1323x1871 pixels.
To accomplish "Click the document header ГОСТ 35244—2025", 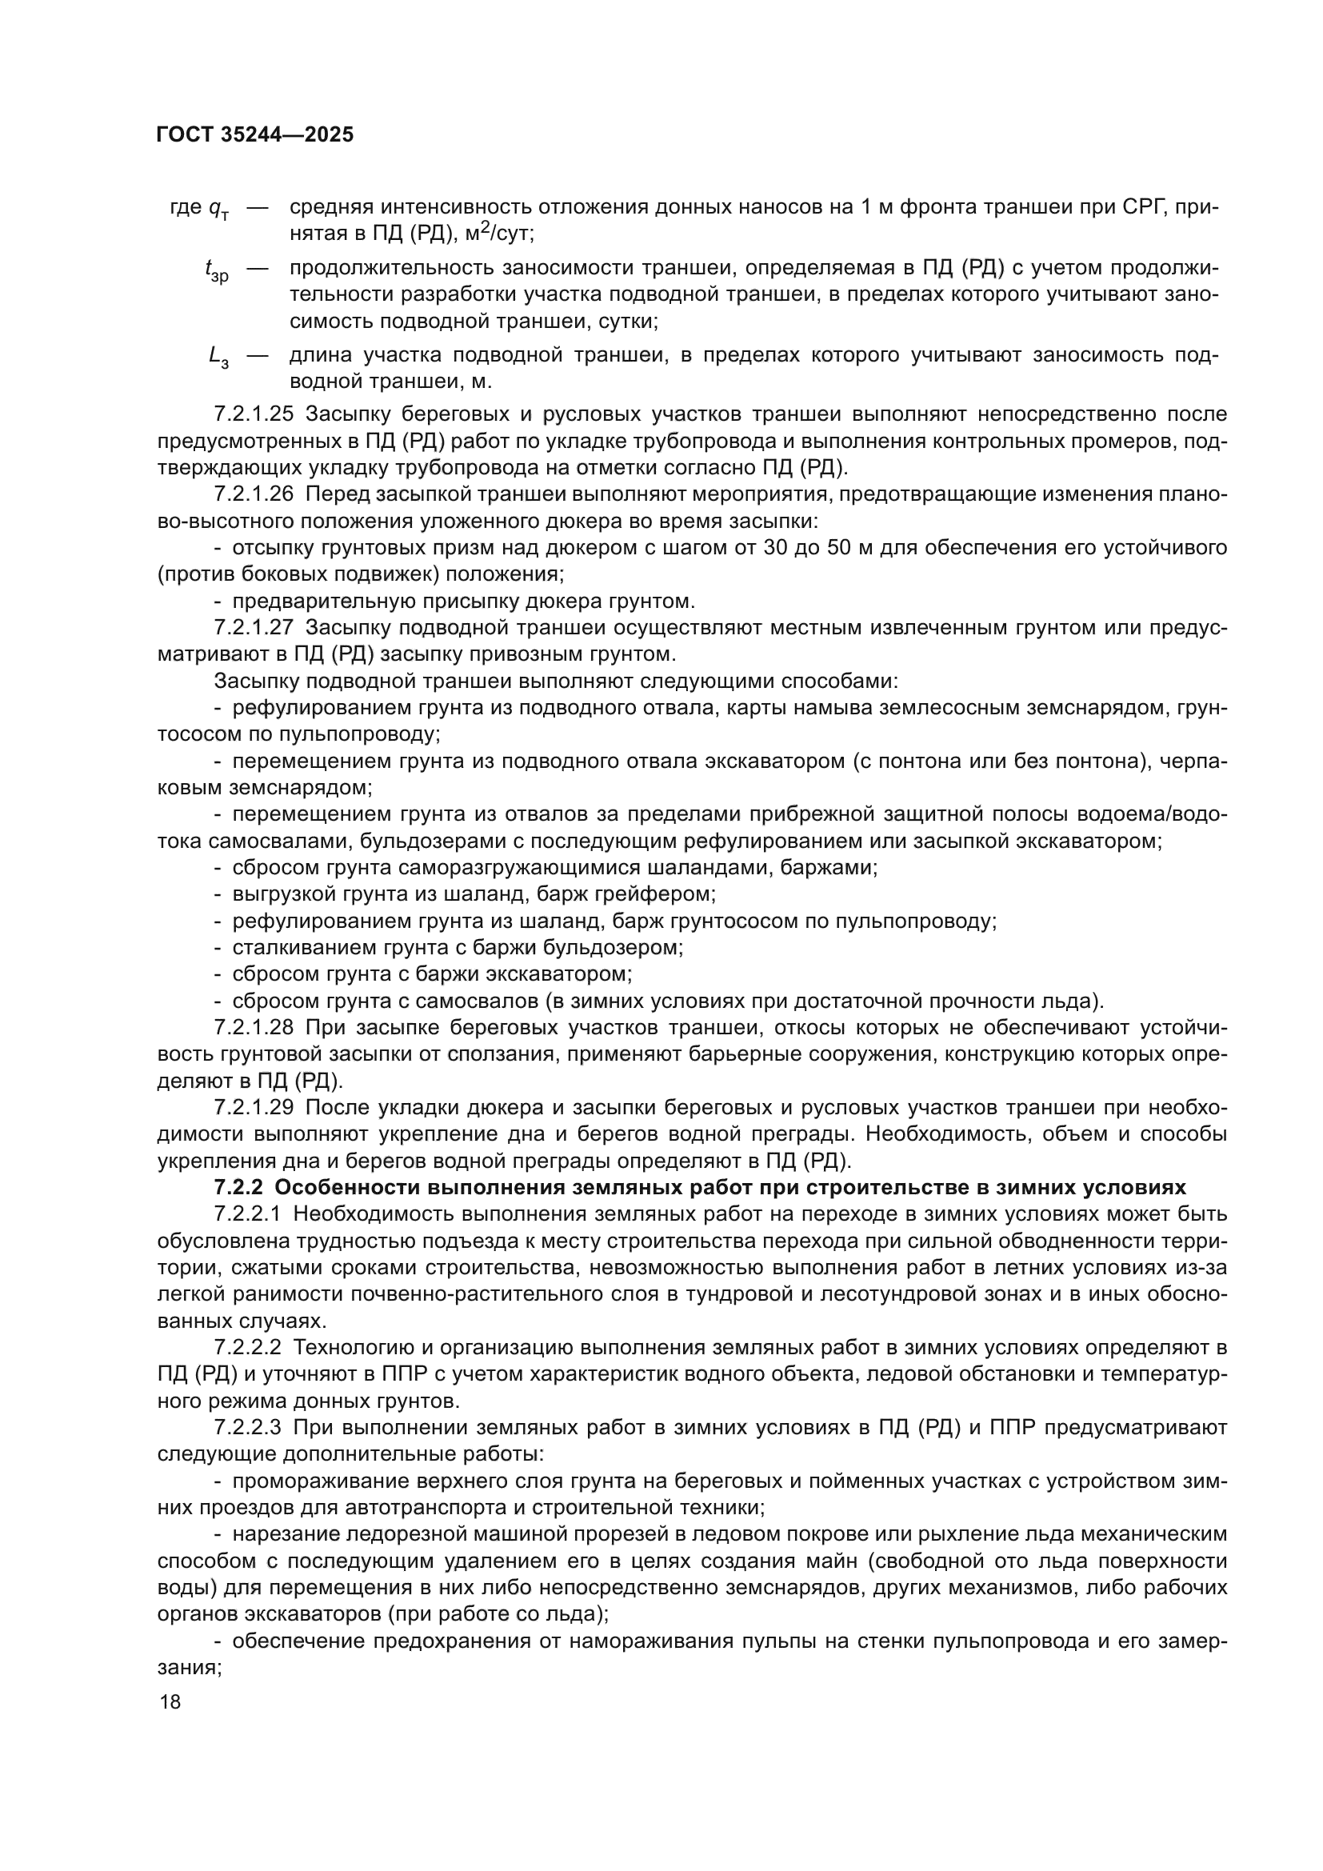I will pyautogui.click(x=254, y=135).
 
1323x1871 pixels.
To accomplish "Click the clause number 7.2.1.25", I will pyautogui.click(x=254, y=414).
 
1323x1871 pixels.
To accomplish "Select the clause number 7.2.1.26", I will pyautogui.click(x=254, y=494).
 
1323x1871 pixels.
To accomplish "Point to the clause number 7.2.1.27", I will pyautogui.click(x=254, y=627).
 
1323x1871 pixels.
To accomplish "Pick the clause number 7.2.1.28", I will pyautogui.click(x=254, y=1028).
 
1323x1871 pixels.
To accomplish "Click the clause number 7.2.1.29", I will pyautogui.click(x=254, y=1107).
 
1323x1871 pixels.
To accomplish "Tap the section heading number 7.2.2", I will pyautogui.click(x=237, y=1187).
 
